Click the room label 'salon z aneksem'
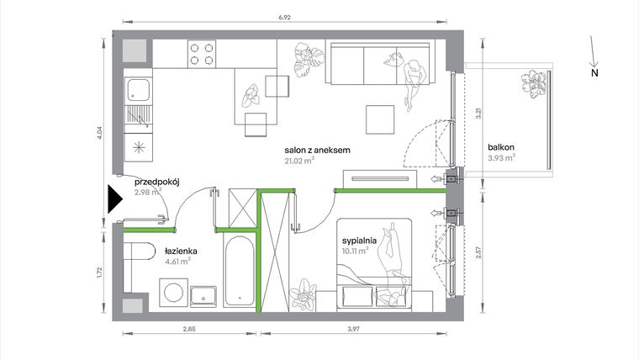(x=317, y=151)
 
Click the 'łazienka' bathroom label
(x=181, y=251)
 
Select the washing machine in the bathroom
(x=172, y=294)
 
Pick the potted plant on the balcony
(x=532, y=83)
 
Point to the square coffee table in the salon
(x=379, y=119)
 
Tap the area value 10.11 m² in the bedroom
(x=356, y=250)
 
